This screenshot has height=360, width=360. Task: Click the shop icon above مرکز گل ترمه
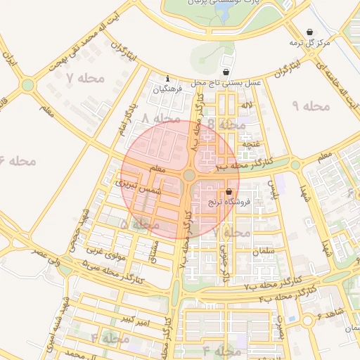(x=310, y=32)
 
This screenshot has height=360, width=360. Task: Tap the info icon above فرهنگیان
(x=167, y=78)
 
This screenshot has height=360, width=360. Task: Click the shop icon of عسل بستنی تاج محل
(x=225, y=72)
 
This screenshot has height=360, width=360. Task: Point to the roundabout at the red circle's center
(x=188, y=175)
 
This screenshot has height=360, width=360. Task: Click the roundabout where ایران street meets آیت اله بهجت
(x=27, y=86)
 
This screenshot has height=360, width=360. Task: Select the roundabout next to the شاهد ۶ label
(x=308, y=321)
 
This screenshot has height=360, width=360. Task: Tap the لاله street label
(x=245, y=105)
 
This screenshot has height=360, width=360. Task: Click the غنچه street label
(x=252, y=144)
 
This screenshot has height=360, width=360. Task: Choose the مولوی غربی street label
(x=105, y=252)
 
